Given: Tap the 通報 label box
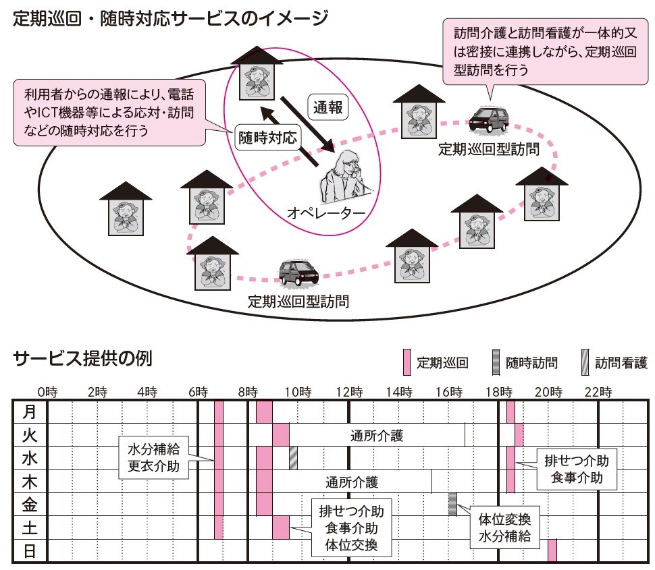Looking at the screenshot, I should [x=328, y=105].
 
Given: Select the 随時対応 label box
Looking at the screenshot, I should [x=267, y=138].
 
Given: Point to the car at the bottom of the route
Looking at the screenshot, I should [x=298, y=272].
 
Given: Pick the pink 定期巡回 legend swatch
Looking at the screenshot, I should [x=407, y=362].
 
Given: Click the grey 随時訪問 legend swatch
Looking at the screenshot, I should [x=495, y=362].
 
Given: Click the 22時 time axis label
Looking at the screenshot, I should [x=599, y=391].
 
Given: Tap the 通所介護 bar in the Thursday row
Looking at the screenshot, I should [x=351, y=482].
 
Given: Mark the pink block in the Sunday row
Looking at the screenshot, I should [x=552, y=550].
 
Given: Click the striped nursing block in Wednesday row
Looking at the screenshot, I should [x=293, y=458].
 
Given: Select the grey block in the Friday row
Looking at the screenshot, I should [x=452, y=505].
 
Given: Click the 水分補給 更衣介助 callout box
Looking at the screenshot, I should [x=153, y=457].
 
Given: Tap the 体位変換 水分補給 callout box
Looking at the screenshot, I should [x=505, y=528].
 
